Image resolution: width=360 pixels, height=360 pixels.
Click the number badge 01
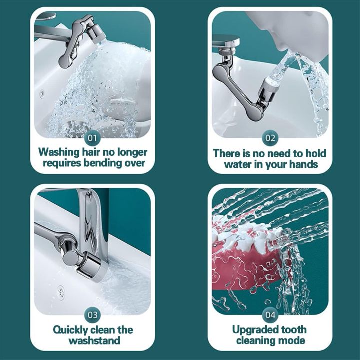(92, 138)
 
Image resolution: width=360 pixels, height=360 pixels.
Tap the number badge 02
(270, 138)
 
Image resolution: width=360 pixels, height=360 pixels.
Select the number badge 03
(92, 315)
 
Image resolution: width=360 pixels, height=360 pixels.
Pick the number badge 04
(270, 315)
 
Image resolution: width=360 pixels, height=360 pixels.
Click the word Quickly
(70, 330)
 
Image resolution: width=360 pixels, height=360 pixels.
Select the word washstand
(94, 340)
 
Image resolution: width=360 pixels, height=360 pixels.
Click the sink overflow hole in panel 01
(42, 93)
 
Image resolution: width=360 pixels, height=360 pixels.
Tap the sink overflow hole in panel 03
(61, 292)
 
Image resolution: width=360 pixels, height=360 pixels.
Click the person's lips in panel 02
(283, 49)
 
